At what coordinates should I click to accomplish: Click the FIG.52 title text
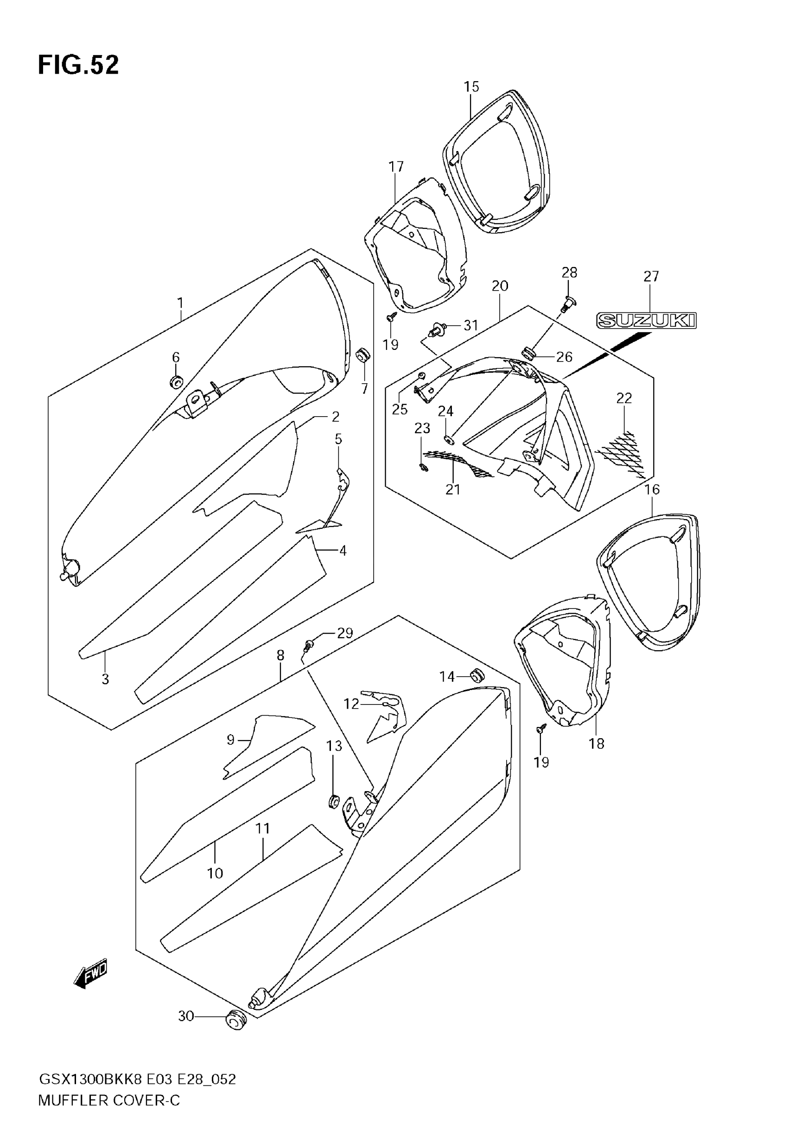[78, 65]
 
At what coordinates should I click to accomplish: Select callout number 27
[651, 276]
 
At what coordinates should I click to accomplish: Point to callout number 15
[471, 87]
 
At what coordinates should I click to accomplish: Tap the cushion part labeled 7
[364, 355]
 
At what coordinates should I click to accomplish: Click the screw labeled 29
[309, 644]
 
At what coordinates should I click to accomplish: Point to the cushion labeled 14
[477, 675]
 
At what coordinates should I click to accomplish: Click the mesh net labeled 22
[622, 451]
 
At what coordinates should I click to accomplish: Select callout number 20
[499, 286]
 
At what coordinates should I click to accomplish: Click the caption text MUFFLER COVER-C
[109, 1100]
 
